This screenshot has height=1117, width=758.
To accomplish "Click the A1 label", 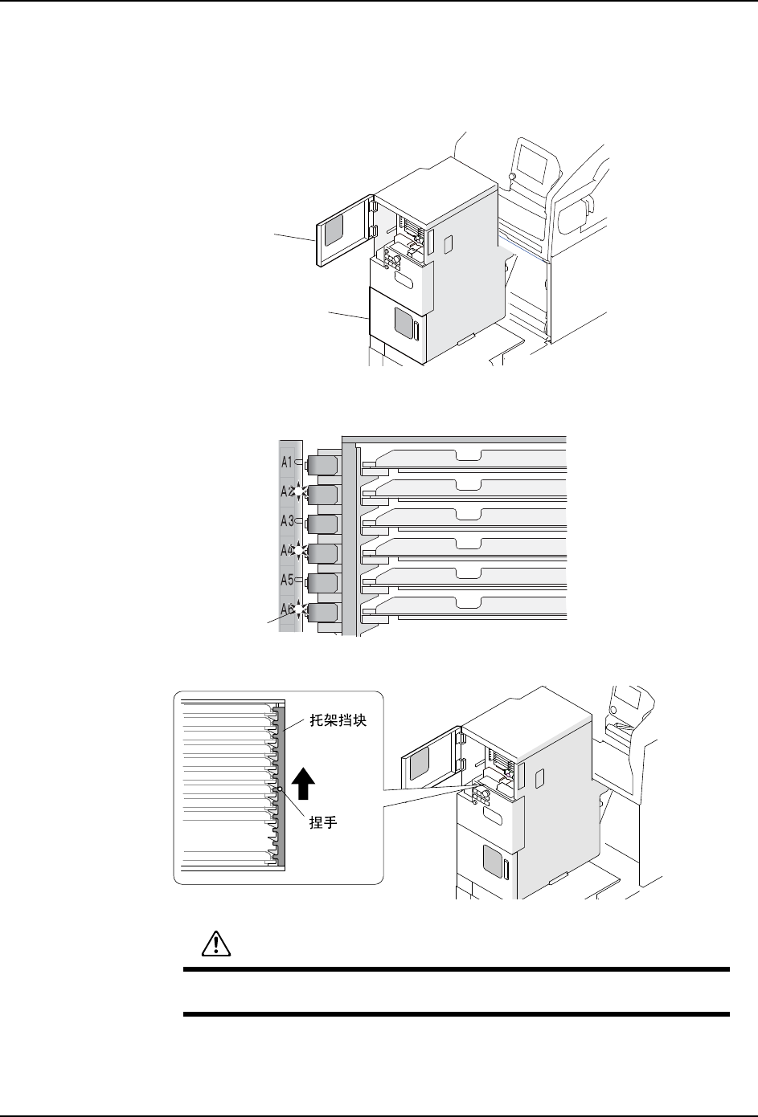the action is point(287,462).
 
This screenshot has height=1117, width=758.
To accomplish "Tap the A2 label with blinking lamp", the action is point(287,491).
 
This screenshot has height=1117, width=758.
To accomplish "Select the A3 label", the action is point(287,521).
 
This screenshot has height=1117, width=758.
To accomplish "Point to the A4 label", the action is point(287,550).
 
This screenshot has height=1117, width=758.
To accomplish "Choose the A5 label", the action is point(287,579).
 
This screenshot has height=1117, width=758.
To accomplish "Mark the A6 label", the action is point(287,609).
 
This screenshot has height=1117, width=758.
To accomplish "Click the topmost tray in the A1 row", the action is point(466,458).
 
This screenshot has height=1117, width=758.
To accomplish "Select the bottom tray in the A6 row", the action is point(466,605).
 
